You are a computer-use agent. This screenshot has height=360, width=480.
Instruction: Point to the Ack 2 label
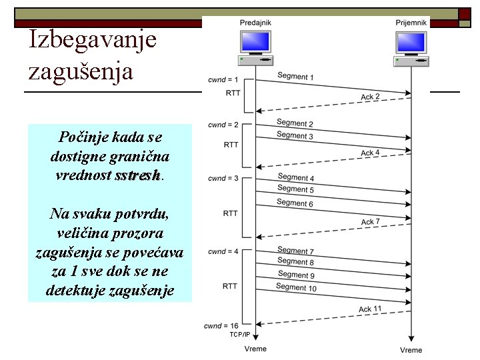point(370,97)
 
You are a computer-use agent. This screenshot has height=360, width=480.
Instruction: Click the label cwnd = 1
point(223,80)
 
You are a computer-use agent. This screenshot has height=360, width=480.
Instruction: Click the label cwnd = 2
point(223,125)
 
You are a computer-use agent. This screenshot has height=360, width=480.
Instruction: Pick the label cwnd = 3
point(223,178)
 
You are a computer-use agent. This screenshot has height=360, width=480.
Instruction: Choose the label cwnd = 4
point(223,251)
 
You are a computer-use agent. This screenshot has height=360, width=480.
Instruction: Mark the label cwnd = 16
point(221,325)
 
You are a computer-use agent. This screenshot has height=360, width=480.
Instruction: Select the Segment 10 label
point(297,287)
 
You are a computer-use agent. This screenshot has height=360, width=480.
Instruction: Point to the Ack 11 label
point(370,309)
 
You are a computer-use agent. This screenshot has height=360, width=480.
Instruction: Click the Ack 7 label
point(371,221)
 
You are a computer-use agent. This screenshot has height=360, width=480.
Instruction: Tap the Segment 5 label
point(295,190)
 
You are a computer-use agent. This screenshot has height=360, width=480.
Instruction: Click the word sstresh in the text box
point(137,176)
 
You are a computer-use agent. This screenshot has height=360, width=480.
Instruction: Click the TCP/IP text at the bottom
point(239,334)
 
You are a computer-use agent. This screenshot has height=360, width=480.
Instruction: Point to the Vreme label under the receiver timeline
point(411,349)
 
